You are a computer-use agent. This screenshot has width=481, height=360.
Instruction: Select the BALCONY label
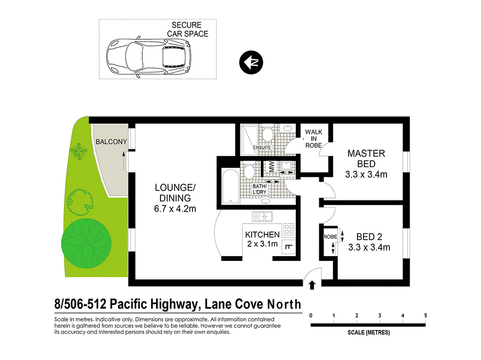tap(111, 142)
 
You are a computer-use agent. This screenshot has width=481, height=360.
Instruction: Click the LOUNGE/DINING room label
tap(175, 198)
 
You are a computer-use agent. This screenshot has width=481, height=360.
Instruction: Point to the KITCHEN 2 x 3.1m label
tap(262, 239)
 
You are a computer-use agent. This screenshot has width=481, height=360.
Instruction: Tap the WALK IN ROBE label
tap(314, 138)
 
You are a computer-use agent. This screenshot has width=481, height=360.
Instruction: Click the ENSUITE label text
tap(262, 147)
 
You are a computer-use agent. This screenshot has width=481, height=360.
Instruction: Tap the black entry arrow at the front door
tap(312, 285)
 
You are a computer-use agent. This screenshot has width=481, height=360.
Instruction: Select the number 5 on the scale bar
tap(425, 315)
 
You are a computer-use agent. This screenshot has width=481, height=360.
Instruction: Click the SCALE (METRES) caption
tap(368, 332)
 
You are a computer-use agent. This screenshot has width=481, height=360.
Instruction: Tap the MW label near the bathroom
tap(270, 167)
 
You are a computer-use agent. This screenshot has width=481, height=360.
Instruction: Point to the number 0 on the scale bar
tap(311, 315)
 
